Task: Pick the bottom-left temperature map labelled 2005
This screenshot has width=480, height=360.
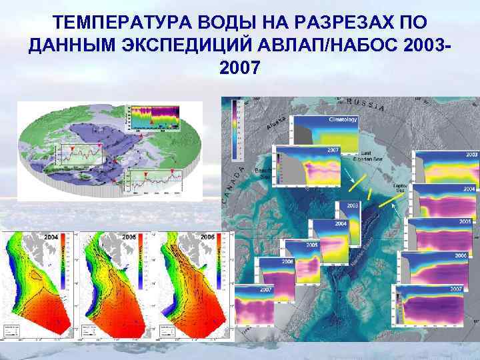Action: [x=117, y=283]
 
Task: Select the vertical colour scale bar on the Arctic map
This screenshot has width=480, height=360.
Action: [x=235, y=130]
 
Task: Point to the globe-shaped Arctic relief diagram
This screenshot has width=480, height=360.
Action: [x=109, y=150]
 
